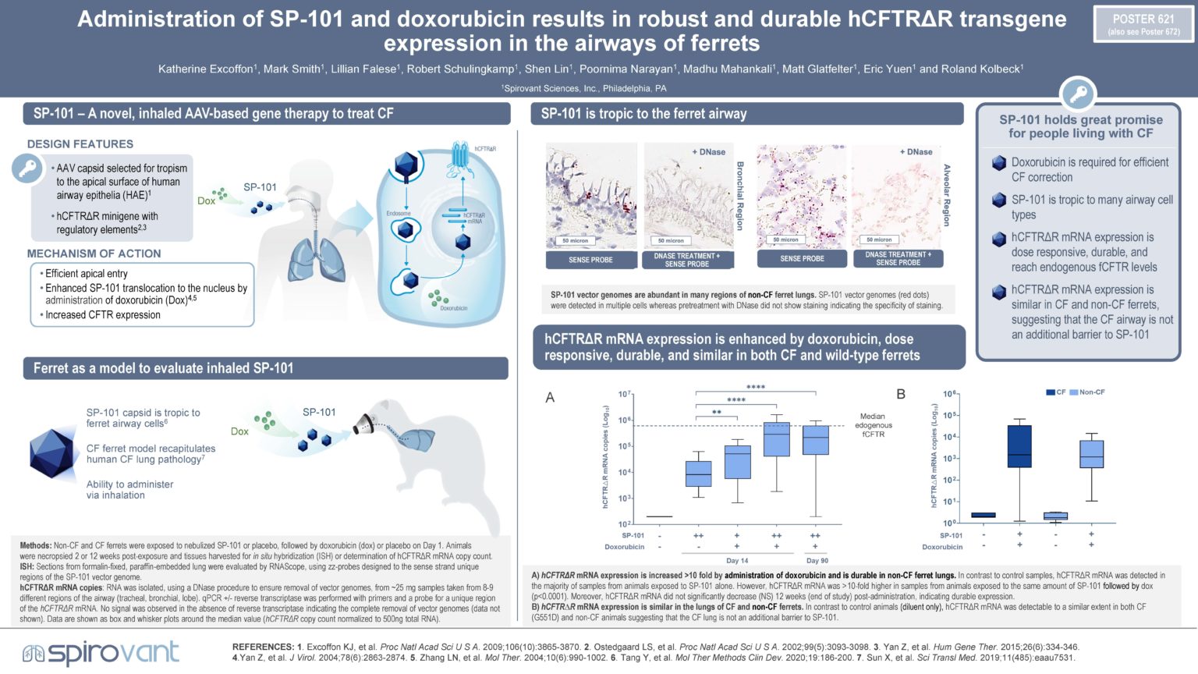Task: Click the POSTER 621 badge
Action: (1143, 24)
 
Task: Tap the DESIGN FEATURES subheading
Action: (80, 144)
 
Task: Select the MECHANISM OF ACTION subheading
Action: (94, 254)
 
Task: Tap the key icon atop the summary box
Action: (1078, 95)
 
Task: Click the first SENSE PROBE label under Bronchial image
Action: (590, 260)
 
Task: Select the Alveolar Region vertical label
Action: (947, 195)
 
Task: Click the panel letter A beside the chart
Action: (550, 398)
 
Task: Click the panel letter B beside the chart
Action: (901, 395)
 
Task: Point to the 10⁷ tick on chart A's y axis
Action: (624, 395)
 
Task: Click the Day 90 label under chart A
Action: (817, 560)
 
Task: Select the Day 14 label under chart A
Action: (736, 560)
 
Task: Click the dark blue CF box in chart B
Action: (1019, 446)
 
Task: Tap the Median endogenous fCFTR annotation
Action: (873, 425)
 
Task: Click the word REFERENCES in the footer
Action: (262, 647)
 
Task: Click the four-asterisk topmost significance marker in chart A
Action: (755, 387)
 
